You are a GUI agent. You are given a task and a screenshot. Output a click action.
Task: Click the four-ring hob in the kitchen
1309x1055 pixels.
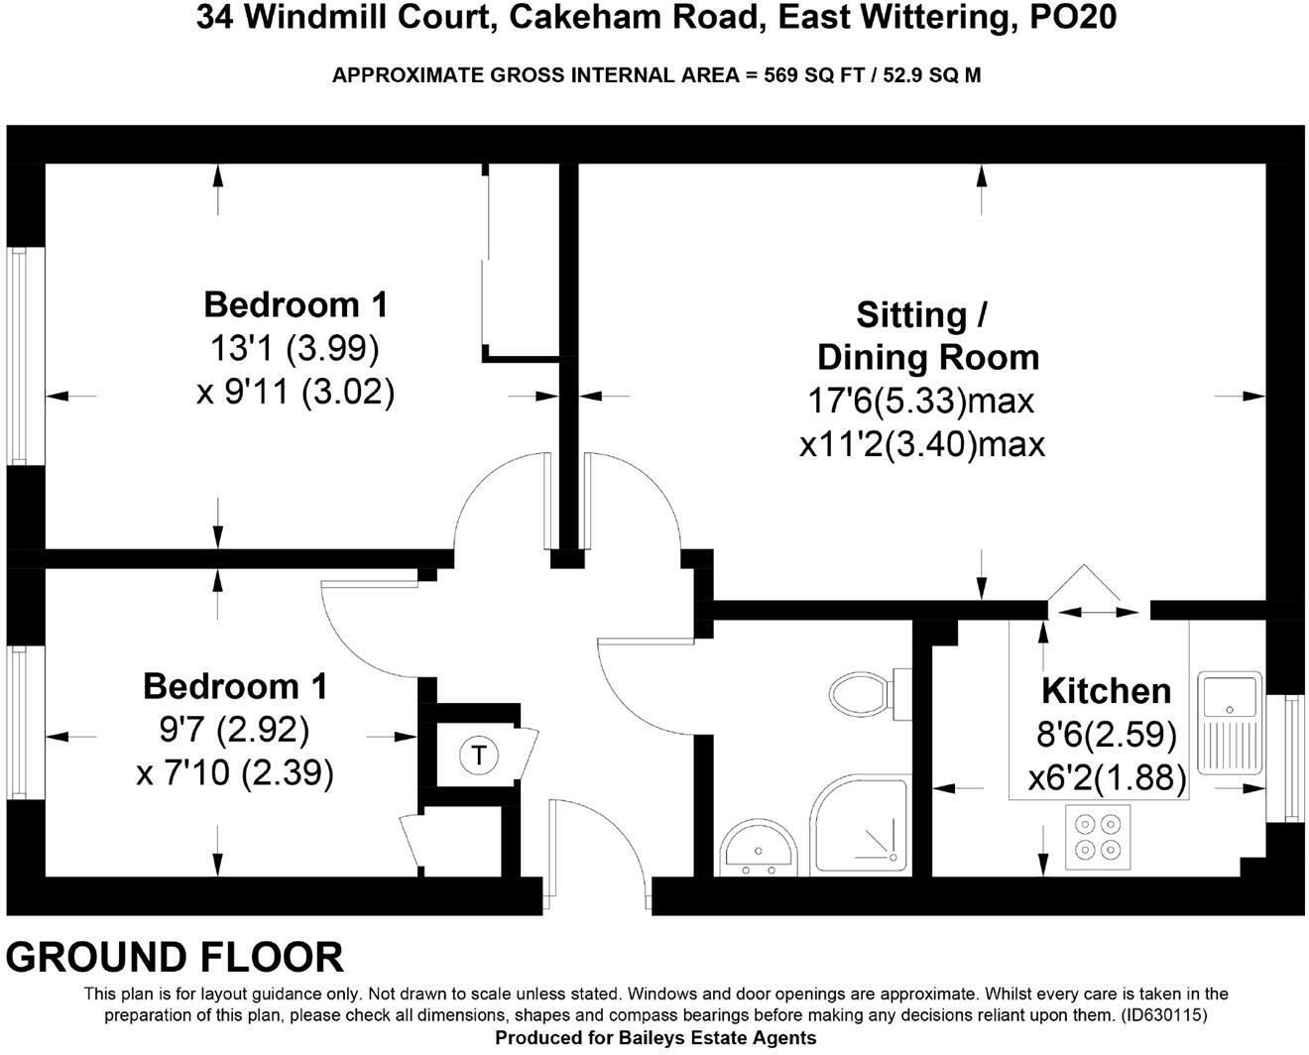point(1098,835)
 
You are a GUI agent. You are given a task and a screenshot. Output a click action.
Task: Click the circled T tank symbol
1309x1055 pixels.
point(479,756)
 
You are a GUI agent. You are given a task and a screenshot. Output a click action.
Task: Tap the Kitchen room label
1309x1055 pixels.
point(1106,691)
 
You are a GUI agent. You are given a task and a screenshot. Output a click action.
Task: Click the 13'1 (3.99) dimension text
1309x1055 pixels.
point(295,348)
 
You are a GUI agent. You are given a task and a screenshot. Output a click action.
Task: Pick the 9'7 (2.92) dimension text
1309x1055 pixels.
point(234,731)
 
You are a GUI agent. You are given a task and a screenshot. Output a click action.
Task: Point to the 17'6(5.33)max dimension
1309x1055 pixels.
point(921,401)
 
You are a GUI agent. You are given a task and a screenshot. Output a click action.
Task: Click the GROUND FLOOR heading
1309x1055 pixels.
point(175,958)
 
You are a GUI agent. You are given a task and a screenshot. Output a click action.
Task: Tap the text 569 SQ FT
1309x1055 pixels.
point(802,75)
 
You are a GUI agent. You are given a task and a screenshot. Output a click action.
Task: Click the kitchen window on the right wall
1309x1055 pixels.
point(1291,757)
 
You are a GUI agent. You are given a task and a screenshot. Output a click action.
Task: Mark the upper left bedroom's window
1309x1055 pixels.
point(18,354)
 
